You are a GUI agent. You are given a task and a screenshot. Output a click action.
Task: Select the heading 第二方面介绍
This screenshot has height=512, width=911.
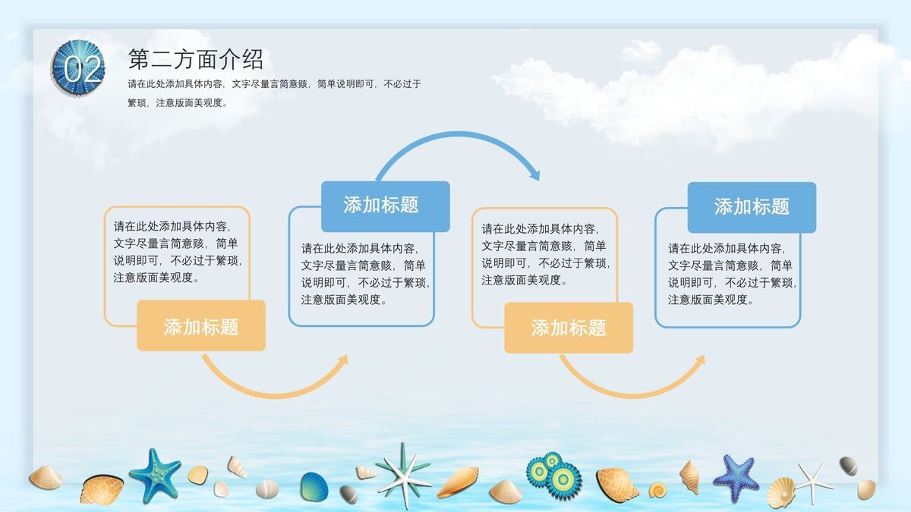click(x=195, y=58)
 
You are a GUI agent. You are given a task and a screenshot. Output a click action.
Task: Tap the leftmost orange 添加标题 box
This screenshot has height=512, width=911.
click(x=201, y=326)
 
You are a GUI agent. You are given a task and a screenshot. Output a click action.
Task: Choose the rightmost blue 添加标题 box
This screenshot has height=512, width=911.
click(x=752, y=207)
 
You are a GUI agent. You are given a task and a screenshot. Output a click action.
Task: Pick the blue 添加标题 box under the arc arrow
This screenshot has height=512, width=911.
click(x=385, y=206)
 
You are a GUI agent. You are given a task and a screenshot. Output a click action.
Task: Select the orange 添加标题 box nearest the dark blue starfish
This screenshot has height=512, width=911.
click(x=569, y=328)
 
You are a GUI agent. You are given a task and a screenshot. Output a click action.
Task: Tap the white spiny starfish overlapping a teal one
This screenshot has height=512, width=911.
click(x=403, y=474)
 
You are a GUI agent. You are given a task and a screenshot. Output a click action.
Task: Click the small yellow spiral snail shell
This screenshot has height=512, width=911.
click(x=657, y=490)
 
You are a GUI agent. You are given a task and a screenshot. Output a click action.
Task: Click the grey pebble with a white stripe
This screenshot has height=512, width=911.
click(x=848, y=465)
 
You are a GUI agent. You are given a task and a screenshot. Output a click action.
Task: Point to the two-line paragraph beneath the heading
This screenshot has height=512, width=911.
click(x=274, y=93)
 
